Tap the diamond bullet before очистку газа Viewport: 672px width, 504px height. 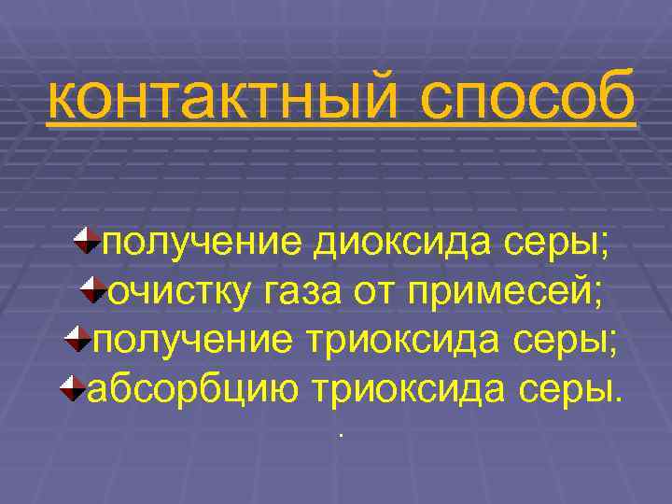(94, 289)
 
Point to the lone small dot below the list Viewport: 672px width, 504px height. (342, 435)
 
